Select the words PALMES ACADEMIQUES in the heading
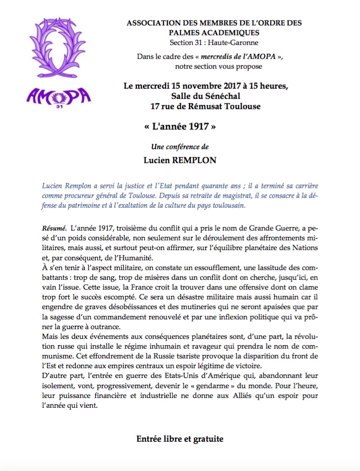[x=213, y=33]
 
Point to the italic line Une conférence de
[x=180, y=147]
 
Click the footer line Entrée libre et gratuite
[x=180, y=438]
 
